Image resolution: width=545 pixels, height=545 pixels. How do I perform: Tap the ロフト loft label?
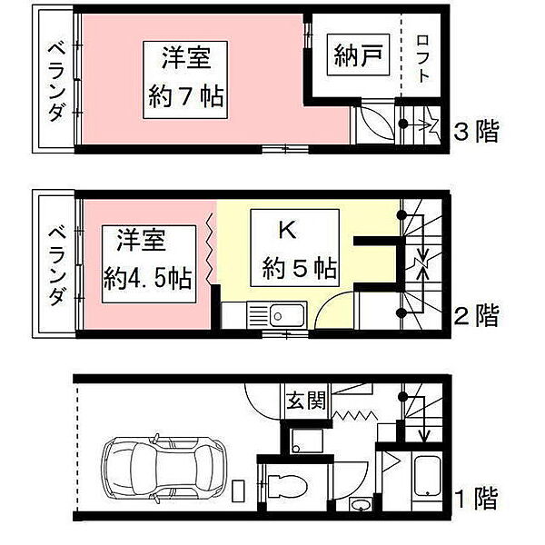click(423, 58)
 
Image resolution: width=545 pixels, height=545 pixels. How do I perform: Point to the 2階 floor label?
click(475, 316)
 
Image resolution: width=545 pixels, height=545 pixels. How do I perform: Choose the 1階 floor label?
click(475, 499)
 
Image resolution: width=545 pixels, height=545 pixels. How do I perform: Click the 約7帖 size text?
click(189, 94)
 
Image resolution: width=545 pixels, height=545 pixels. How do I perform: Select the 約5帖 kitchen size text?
click(301, 269)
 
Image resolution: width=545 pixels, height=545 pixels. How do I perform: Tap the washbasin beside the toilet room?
click(361, 505)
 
